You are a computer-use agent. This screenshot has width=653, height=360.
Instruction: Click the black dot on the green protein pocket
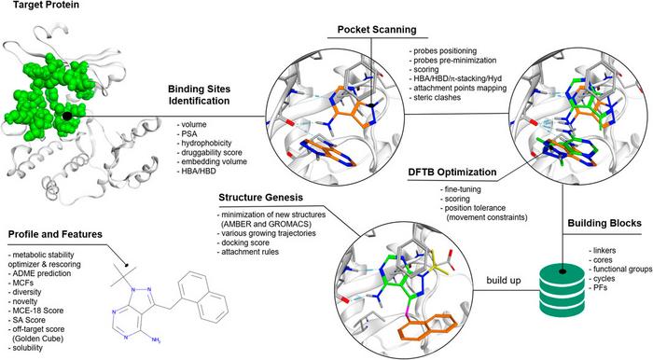click(x=67, y=117)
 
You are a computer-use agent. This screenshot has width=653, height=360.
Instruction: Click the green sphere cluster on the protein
click(x=47, y=89)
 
